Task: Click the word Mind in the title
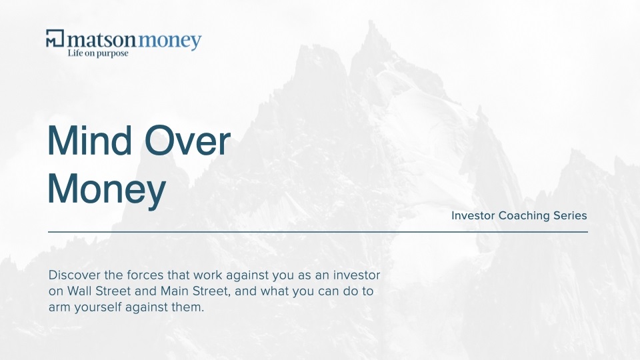[x=89, y=141]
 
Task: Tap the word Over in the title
[x=188, y=141]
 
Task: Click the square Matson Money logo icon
[x=55, y=38]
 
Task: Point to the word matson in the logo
[x=101, y=40]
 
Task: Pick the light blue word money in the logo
[x=170, y=41]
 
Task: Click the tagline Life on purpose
[x=98, y=53]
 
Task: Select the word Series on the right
[x=570, y=215]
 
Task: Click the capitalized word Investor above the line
[x=473, y=215]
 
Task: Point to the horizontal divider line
[x=318, y=232]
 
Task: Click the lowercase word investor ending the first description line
[x=357, y=275]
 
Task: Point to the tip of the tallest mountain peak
[x=371, y=21]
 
